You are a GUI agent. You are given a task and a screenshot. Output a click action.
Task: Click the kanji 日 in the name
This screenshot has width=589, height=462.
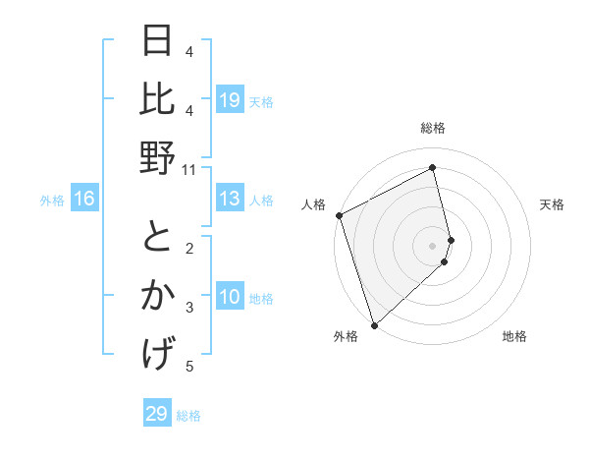157,40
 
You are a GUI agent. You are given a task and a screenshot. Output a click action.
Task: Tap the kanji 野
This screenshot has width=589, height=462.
157,156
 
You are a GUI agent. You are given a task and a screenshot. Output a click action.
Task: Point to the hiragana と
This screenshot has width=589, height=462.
157,237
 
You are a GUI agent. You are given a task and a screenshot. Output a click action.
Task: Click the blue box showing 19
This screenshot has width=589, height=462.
230,99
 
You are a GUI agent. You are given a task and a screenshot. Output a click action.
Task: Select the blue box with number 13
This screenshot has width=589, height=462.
230,200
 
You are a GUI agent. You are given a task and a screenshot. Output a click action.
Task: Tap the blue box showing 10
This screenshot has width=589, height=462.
230,297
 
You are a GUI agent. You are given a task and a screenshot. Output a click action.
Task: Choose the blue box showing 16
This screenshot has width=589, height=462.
84,200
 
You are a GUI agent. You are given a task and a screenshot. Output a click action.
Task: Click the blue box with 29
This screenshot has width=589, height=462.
157,414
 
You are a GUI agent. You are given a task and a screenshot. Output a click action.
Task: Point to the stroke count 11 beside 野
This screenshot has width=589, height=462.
189,170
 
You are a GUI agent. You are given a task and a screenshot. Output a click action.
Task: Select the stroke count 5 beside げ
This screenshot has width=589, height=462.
189,367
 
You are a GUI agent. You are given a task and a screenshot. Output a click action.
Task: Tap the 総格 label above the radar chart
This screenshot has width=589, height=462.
433,129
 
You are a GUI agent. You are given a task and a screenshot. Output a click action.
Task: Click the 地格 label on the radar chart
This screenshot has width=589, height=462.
514,336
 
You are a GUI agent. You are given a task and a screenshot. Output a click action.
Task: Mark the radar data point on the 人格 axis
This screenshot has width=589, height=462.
339,215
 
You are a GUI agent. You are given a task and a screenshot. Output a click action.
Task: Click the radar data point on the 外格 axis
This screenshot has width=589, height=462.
374,324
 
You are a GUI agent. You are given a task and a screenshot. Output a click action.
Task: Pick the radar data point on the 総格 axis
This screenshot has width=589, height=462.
433,168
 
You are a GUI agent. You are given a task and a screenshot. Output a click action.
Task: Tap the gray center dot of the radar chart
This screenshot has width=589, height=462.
433,245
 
